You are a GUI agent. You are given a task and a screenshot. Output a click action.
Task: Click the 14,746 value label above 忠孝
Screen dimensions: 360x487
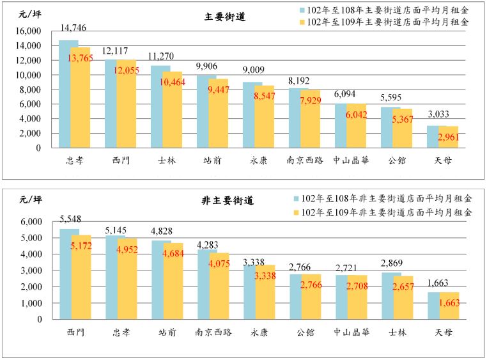[x=73, y=29]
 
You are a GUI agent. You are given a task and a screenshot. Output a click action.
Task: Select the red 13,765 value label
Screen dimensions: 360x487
[x=81, y=58]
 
